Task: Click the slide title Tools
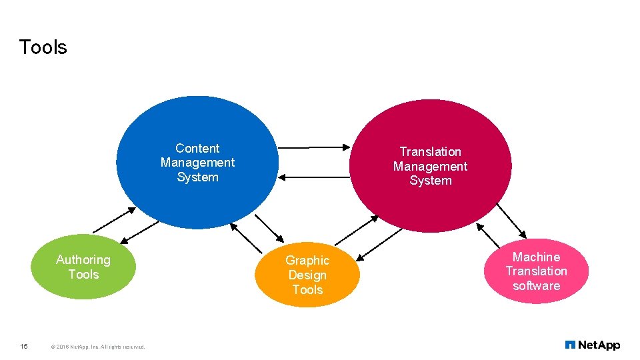tap(43, 47)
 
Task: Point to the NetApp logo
tap(592, 345)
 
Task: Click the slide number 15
tap(24, 346)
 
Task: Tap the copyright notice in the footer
tap(97, 347)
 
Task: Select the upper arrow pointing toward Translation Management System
tap(313, 147)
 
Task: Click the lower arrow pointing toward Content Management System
tap(313, 177)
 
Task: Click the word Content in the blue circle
tap(197, 148)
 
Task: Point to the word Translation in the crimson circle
tap(430, 152)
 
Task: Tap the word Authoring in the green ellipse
tap(83, 259)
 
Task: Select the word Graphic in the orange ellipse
tap(307, 261)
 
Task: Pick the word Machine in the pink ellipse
tap(536, 257)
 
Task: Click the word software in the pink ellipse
tap(536, 286)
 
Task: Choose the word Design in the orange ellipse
tap(307, 275)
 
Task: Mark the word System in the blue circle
tap(197, 177)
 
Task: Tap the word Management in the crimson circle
tap(430, 167)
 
